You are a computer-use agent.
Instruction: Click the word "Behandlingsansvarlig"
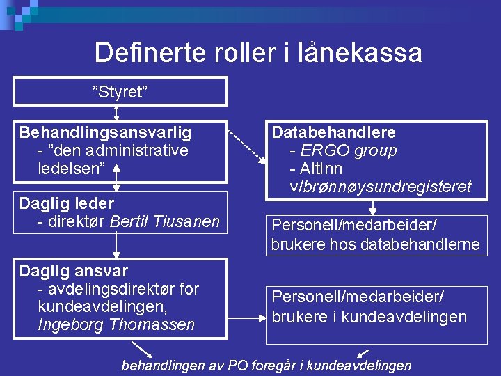tap(106, 132)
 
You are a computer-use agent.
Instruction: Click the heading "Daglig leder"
tap(67, 203)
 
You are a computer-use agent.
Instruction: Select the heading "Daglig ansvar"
tap(74, 270)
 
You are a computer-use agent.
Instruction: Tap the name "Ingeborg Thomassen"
tap(116, 324)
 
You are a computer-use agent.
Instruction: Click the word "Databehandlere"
tap(333, 132)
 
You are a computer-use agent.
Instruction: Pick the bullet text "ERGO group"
tap(349, 150)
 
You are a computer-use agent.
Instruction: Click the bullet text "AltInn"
tap(321, 169)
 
